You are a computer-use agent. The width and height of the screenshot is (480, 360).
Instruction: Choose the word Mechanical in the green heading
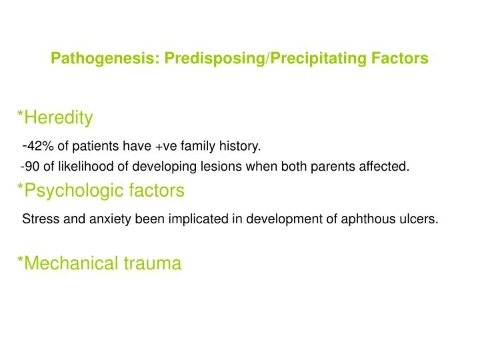(x=67, y=263)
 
